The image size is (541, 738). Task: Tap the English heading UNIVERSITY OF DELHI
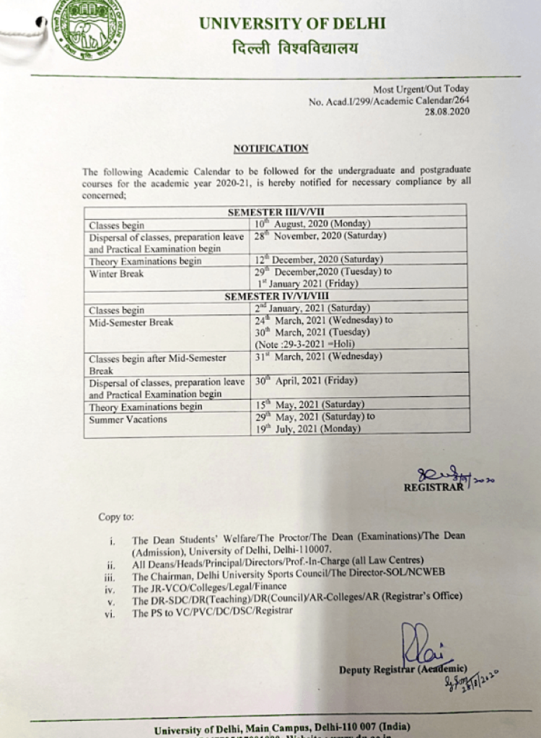coord(292,23)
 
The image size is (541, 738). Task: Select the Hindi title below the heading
coord(294,49)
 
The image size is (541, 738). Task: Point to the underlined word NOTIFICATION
coord(270,148)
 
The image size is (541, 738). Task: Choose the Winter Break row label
coord(116,274)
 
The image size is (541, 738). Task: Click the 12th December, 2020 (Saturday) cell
coord(319,259)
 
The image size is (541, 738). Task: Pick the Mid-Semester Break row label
coord(131,322)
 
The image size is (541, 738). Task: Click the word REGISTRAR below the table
coord(434,487)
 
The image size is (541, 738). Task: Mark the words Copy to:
coord(115,517)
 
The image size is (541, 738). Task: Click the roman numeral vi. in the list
coord(109,613)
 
